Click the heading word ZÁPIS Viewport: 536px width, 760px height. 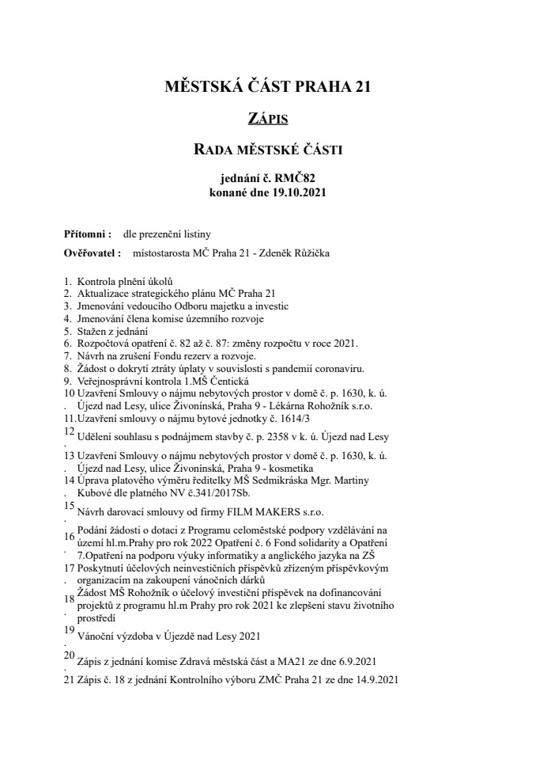coord(268,119)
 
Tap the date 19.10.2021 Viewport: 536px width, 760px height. coord(295,192)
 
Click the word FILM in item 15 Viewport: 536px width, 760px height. coord(237,511)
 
